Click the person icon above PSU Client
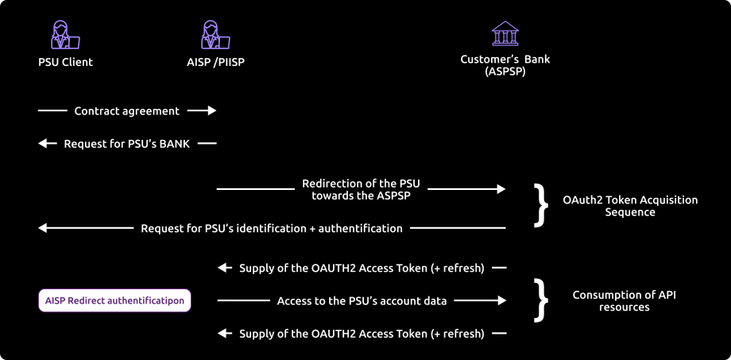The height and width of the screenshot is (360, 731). pyautogui.click(x=64, y=36)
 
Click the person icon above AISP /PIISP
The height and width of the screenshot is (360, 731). pyautogui.click(x=215, y=36)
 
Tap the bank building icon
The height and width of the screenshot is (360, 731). pyautogui.click(x=505, y=33)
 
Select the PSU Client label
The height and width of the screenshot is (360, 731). pyautogui.click(x=65, y=62)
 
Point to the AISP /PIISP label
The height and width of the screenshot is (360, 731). pyautogui.click(x=215, y=62)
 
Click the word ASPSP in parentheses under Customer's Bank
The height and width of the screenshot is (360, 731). pyautogui.click(x=505, y=71)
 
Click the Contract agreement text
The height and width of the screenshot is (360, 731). pyautogui.click(x=127, y=111)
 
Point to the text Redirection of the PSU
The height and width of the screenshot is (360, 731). pyautogui.click(x=361, y=184)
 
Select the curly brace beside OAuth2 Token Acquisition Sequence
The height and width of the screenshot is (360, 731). pyautogui.click(x=541, y=206)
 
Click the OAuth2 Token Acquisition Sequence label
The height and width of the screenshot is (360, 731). pyautogui.click(x=630, y=206)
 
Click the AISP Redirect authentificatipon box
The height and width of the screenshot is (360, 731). pyautogui.click(x=114, y=300)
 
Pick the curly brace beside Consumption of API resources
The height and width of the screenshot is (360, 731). pyautogui.click(x=541, y=300)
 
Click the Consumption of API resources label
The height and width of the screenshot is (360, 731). pyautogui.click(x=624, y=300)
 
